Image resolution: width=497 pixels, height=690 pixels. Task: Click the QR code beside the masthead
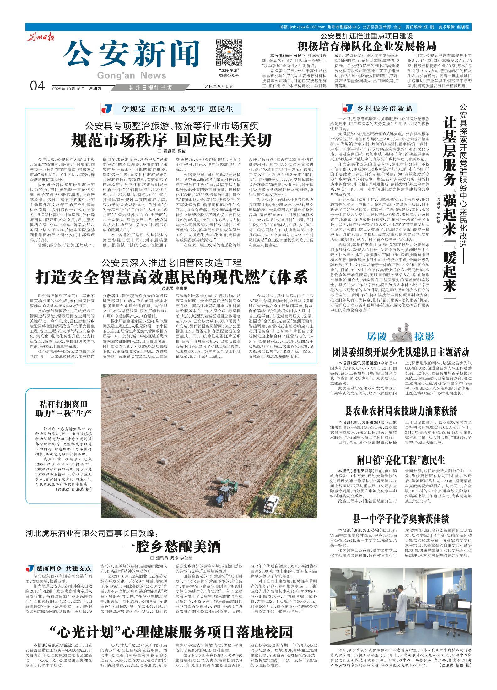[229, 52]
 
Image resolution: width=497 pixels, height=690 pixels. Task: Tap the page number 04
[38, 86]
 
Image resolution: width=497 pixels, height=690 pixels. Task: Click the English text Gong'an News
[132, 75]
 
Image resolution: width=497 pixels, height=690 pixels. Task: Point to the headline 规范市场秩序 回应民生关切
[171, 140]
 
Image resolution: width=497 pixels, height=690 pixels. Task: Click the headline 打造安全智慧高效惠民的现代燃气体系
[171, 277]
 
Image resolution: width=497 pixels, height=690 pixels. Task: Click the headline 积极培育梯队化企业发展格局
[367, 46]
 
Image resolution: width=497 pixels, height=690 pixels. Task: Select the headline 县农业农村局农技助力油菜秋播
[401, 410]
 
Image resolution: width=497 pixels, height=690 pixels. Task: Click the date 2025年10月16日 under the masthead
[68, 89]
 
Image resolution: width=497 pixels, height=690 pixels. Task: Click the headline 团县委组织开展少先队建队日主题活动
[401, 352]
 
